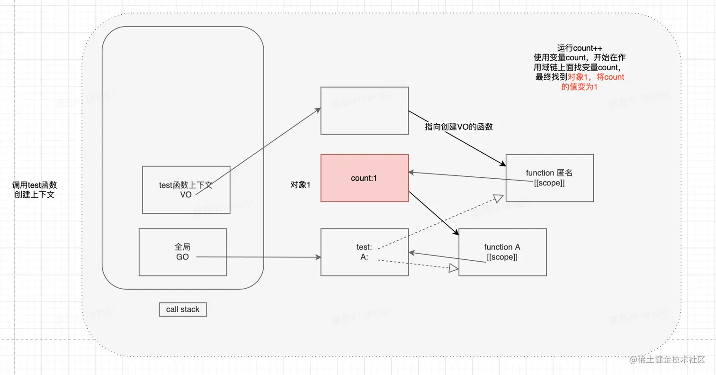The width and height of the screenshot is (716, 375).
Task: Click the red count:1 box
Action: (364, 178)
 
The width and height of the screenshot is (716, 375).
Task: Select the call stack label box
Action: (183, 310)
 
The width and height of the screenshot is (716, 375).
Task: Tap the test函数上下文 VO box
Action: (186, 190)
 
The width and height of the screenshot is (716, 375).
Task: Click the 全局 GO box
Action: (182, 252)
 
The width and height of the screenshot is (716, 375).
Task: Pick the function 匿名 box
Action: (549, 178)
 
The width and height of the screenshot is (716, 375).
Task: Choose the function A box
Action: (502, 252)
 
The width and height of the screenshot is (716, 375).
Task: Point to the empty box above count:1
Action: (364, 110)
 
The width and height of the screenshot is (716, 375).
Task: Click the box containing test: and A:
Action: (364, 252)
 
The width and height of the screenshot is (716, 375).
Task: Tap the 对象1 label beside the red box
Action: (300, 185)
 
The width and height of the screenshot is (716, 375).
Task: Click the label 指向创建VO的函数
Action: (458, 127)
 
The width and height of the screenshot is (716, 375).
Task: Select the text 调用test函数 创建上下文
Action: (35, 190)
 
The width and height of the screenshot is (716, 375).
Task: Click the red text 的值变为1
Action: (579, 87)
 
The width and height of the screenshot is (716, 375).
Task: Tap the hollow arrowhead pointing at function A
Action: (453, 269)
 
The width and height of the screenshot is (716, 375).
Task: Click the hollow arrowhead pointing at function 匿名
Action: (497, 198)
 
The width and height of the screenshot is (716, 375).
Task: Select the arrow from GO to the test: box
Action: (258, 257)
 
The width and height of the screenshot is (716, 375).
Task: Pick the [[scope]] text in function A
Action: (502, 257)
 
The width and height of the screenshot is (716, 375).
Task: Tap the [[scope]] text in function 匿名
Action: (549, 183)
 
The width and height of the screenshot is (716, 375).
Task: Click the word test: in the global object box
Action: (364, 247)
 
